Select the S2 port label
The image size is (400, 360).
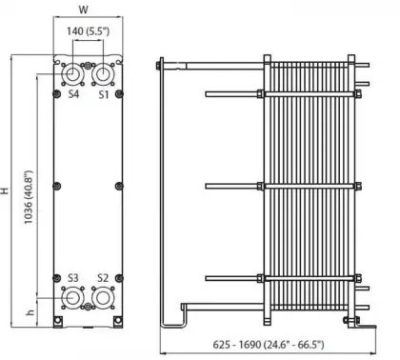tap(103, 278)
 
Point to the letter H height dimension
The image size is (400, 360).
tap(8, 190)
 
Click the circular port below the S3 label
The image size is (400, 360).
tap(72, 299)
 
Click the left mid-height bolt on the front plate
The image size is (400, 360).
tap(57, 185)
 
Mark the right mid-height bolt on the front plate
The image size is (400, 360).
tap(117, 185)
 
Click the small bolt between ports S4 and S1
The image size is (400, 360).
tap(87, 67)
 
